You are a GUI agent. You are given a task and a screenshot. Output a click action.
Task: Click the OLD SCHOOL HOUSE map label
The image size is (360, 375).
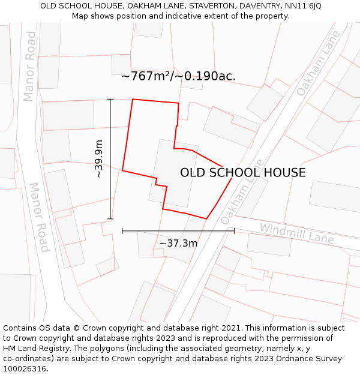[242, 173]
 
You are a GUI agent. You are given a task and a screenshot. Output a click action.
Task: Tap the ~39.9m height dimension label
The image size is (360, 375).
[99, 159]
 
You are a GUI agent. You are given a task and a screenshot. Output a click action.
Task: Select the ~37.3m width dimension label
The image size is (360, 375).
[178, 243]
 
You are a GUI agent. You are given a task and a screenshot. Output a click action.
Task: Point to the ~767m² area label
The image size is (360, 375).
[178, 76]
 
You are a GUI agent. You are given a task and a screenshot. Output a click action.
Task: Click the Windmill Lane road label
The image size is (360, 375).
[296, 233]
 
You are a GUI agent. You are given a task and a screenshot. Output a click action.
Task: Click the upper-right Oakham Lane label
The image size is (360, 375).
[318, 63]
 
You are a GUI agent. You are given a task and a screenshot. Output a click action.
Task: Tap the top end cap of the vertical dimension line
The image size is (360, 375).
[110, 99]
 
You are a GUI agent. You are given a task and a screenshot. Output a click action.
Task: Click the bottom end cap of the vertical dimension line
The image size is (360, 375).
[110, 219]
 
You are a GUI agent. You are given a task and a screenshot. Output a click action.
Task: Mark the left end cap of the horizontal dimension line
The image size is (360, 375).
[122, 230]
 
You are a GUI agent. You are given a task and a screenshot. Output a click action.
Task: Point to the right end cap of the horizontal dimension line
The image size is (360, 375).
[234, 230]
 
